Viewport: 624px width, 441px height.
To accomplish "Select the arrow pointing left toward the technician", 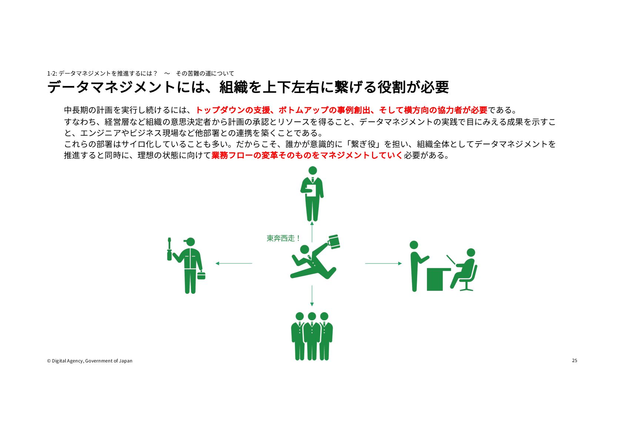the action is point(234,263).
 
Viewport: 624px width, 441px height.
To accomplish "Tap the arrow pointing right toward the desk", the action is point(384,263).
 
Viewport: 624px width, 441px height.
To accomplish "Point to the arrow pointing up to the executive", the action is point(312,232).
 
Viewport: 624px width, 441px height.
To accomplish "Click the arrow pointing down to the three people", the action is point(312,296).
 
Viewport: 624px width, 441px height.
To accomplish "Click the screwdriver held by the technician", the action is point(169,249).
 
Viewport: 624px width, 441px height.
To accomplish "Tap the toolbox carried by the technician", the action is point(201,275).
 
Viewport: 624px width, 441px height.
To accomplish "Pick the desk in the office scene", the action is point(437,279).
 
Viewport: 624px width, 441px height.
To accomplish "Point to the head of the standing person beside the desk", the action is point(414,245).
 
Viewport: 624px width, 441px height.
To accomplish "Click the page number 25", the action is point(574,361).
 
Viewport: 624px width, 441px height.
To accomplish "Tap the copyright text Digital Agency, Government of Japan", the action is point(92,361).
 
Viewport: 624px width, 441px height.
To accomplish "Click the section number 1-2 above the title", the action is point(52,73).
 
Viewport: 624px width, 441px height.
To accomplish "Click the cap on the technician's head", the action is point(189,241).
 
